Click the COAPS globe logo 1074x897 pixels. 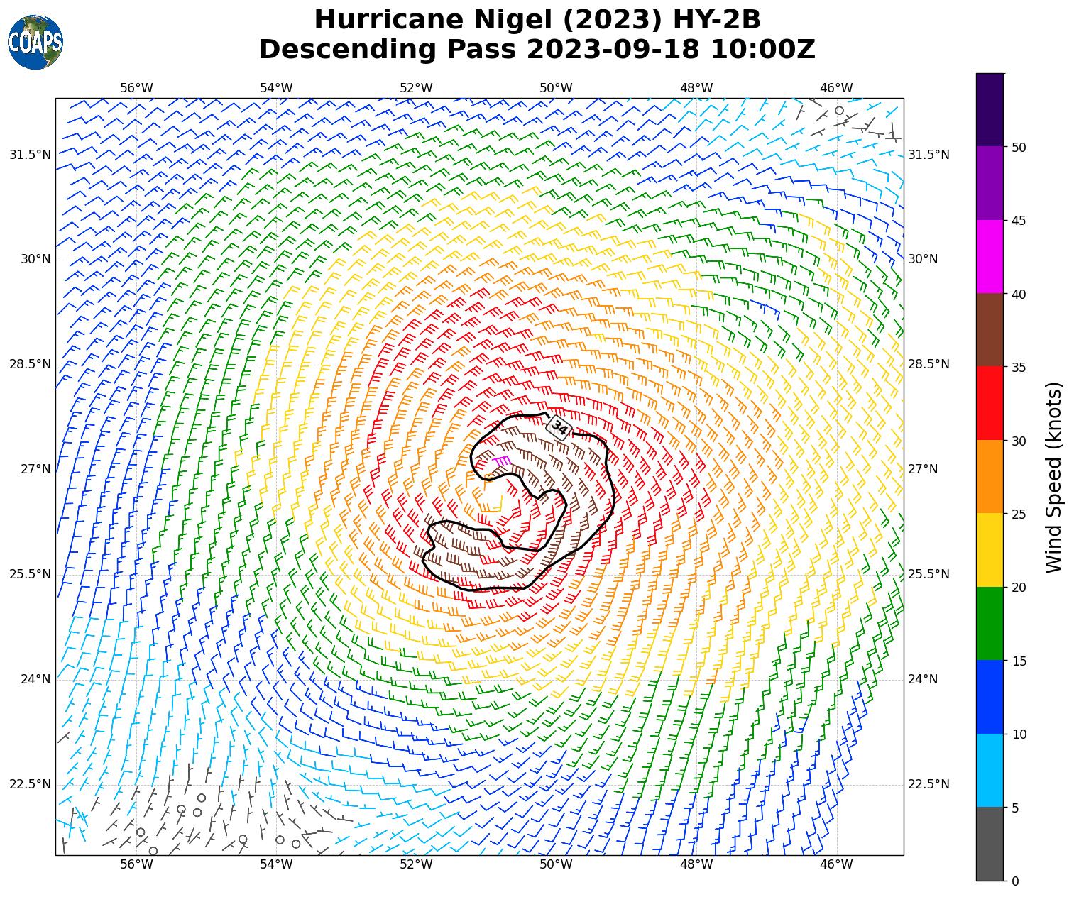coord(35,43)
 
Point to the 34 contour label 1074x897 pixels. coord(559,428)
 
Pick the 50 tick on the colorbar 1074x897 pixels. coord(1019,147)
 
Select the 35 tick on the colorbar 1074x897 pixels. coord(1019,367)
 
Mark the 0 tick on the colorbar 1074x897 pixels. coord(1016,881)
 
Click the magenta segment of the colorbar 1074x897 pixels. coord(990,256)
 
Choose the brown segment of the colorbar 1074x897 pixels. coord(990,329)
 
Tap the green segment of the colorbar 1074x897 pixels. coord(990,623)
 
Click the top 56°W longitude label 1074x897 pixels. coord(136,88)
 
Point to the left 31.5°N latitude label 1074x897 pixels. coord(30,155)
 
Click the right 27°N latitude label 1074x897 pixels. coord(923,469)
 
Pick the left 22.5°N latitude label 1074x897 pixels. coord(30,784)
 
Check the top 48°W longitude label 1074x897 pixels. coord(696,88)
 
